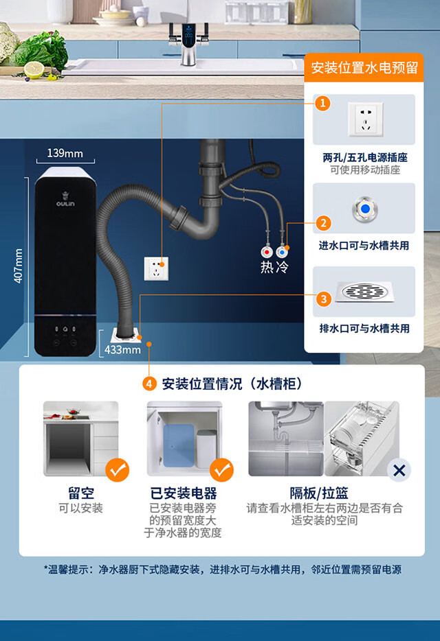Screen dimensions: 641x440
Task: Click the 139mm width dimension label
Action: pyautogui.click(x=65, y=153)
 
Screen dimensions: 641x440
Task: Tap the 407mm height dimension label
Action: pyautogui.click(x=19, y=265)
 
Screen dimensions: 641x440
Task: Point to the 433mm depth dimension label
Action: pyautogui.click(x=122, y=349)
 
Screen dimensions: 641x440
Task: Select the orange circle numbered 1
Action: pyautogui.click(x=323, y=104)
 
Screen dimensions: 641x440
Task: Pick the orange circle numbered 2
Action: pyautogui.click(x=323, y=222)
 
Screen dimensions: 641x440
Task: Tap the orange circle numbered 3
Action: pyautogui.click(x=323, y=299)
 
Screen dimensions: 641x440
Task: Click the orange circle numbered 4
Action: pyautogui.click(x=149, y=384)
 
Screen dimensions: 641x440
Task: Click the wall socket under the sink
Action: pyautogui.click(x=156, y=267)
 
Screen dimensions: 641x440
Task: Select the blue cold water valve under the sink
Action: pyautogui.click(x=282, y=252)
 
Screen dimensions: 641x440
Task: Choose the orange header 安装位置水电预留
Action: pyautogui.click(x=363, y=68)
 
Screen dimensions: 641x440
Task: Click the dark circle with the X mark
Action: pyautogui.click(x=399, y=470)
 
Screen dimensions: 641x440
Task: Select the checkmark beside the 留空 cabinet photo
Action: pyautogui.click(x=118, y=470)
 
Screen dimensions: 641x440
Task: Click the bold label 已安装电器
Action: pyautogui.click(x=184, y=493)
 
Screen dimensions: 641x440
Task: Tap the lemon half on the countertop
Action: pyautogui.click(x=34, y=70)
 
